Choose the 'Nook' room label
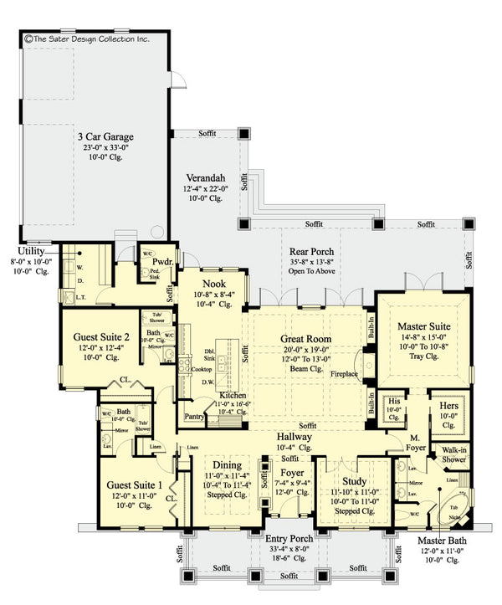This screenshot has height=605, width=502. click(x=213, y=283)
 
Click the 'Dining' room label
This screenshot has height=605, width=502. click(x=228, y=465)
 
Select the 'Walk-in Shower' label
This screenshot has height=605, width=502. click(x=453, y=454)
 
